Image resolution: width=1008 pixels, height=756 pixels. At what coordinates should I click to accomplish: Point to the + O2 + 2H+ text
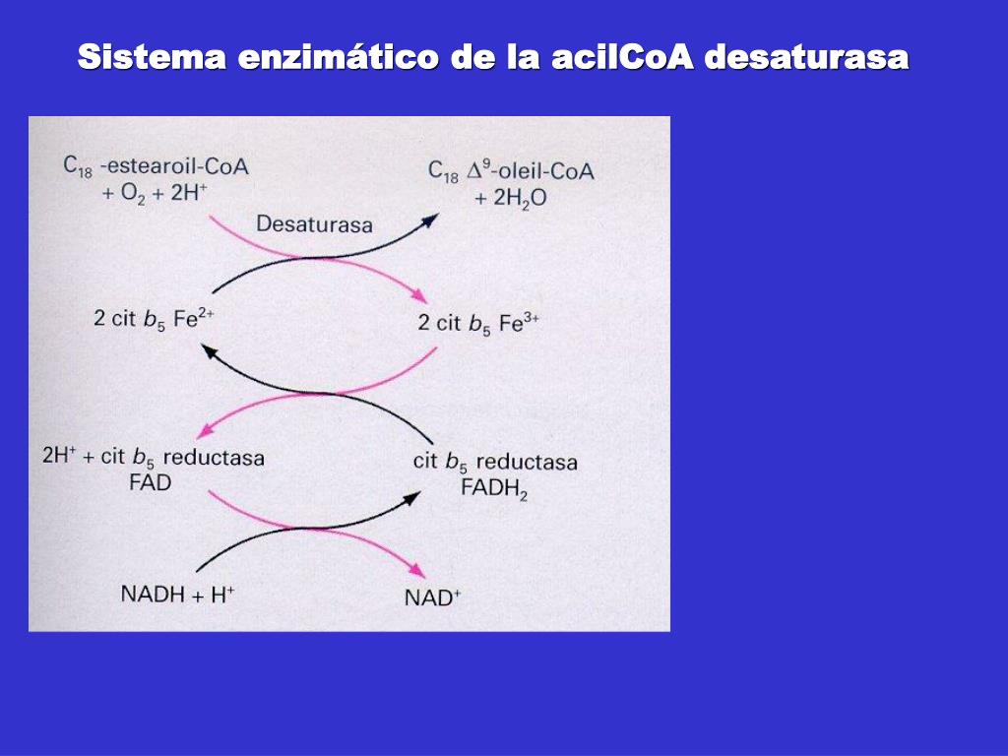tap(154, 193)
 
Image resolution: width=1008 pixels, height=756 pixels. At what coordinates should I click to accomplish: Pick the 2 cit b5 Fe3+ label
tap(477, 323)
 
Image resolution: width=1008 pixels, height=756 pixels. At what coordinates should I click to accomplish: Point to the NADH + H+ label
tap(177, 594)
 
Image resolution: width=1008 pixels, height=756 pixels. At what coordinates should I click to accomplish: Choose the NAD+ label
tap(432, 598)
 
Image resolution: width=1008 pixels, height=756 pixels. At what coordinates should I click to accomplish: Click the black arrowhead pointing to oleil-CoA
tap(429, 219)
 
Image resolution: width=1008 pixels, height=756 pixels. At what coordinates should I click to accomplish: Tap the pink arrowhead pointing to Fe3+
tap(420, 295)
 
